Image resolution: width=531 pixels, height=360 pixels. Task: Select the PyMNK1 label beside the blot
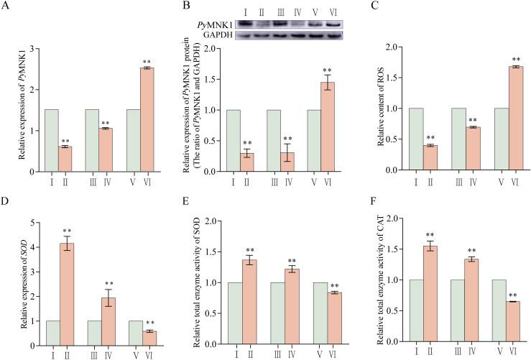tap(215, 24)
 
